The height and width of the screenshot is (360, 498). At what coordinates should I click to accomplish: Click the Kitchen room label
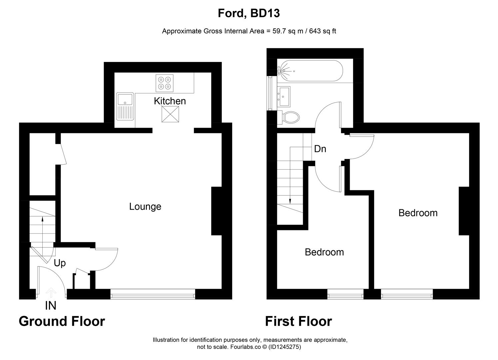click(x=170, y=101)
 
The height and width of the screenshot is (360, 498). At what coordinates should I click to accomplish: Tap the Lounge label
click(x=145, y=207)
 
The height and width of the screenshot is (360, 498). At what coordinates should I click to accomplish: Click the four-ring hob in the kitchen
click(x=165, y=83)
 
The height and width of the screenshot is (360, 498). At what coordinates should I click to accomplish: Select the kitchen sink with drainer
click(x=125, y=106)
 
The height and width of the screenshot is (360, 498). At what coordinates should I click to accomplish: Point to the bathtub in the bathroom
click(x=310, y=71)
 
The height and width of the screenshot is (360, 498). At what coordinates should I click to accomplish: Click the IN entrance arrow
click(x=51, y=293)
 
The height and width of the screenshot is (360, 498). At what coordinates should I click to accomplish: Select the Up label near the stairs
click(x=60, y=263)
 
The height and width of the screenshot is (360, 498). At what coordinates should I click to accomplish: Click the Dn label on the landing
click(x=320, y=149)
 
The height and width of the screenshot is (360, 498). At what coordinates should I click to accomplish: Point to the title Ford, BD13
click(x=249, y=13)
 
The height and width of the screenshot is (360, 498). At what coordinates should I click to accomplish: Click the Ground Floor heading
click(x=62, y=321)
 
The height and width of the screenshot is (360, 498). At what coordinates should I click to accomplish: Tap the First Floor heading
click(x=298, y=321)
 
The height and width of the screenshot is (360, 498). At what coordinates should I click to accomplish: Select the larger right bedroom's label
click(x=418, y=213)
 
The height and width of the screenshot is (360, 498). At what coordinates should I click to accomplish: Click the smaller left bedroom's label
click(x=324, y=252)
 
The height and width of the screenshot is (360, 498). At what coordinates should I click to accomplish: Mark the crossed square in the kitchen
click(x=170, y=114)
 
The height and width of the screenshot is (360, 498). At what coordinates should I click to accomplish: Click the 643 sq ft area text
click(x=322, y=31)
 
